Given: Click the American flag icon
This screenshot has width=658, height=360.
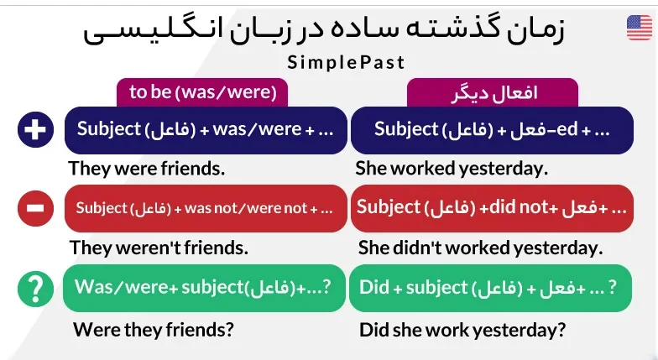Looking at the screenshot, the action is click(640, 28).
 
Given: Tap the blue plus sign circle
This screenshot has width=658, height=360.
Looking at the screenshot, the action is click(35, 129).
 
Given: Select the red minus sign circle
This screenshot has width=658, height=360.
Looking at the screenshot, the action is click(35, 208).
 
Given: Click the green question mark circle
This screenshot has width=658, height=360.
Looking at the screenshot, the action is click(35, 289).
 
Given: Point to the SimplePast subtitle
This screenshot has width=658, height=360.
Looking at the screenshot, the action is click(346, 63).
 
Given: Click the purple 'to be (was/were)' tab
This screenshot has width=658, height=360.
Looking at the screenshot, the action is click(202, 92).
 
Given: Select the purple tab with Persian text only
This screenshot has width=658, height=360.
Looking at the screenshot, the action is click(493, 92).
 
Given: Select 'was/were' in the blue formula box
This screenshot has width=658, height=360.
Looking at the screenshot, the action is click(257, 129).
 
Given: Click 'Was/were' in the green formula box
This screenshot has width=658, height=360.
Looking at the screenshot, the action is click(121, 287).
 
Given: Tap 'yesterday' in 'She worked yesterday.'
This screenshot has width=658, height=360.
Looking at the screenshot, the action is click(504, 169).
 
